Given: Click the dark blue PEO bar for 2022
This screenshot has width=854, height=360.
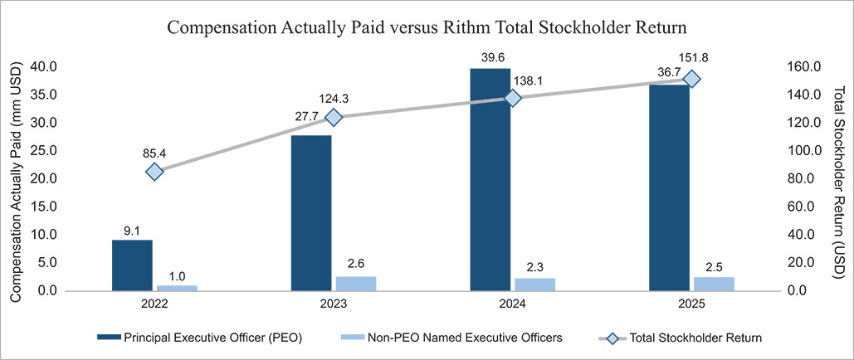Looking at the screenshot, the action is (132, 265).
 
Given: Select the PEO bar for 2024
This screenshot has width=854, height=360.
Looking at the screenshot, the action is (490, 180).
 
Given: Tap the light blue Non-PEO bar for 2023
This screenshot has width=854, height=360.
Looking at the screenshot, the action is (357, 284).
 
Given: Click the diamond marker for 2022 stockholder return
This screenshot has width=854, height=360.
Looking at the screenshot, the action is (154, 172).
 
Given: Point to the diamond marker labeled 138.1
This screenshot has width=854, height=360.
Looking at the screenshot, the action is (513, 98).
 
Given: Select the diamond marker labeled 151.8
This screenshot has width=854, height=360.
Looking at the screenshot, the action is (691, 79).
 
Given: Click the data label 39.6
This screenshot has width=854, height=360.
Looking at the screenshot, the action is (490, 58).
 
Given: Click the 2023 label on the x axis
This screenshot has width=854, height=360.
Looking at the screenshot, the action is (334, 304).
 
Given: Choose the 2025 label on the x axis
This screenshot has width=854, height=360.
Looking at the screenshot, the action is (691, 304).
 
